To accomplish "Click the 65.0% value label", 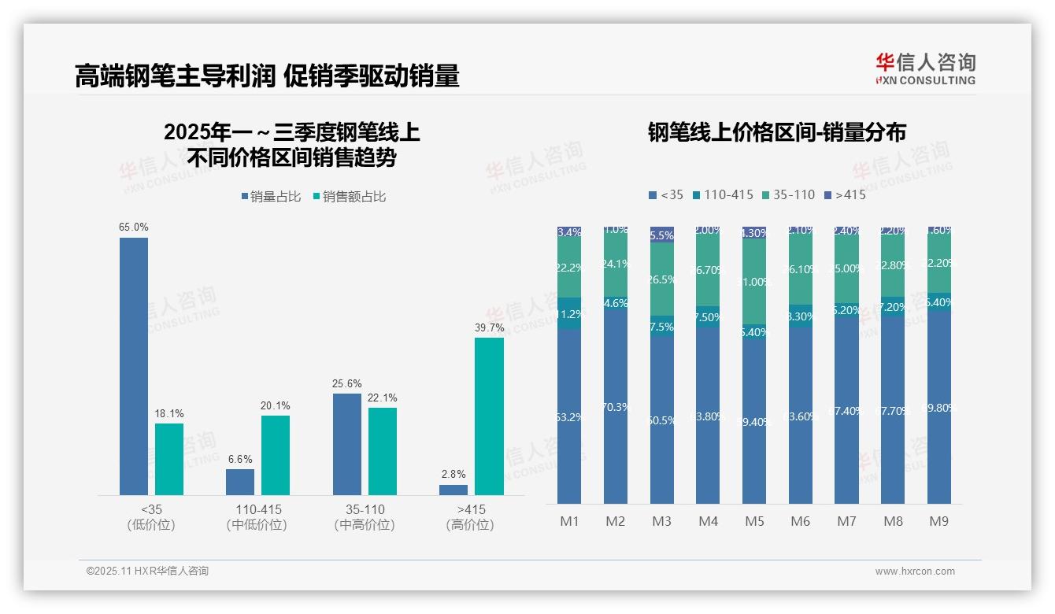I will (134, 227).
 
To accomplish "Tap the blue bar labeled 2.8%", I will (453, 490).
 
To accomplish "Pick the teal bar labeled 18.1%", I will (169, 459).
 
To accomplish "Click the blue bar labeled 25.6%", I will (347, 444).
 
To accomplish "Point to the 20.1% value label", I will (276, 406).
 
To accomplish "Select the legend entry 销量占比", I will (271, 197).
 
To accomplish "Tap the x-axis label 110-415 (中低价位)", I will (258, 517).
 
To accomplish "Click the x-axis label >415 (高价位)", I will (471, 517).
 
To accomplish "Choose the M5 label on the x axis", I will (754, 521).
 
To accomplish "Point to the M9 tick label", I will (939, 521).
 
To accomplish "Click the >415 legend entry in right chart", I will (845, 194).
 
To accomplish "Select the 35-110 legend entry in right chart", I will (789, 194).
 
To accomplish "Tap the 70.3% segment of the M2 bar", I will (616, 407).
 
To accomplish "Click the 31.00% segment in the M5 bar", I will (754, 281).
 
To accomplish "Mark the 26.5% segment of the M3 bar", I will (662, 279).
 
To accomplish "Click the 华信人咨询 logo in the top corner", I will (925, 68).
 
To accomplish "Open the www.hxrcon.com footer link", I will (914, 571).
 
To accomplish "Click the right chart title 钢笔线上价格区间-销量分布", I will (776, 132).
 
